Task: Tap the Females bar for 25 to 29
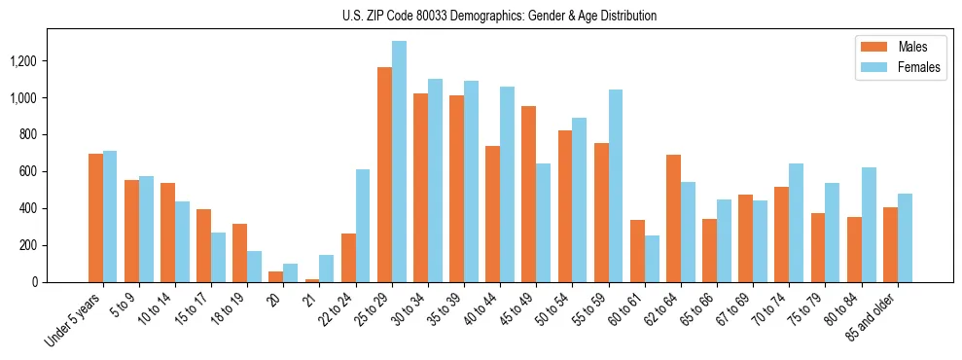(399, 162)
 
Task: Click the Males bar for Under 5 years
(95, 218)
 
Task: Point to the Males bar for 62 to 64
(673, 218)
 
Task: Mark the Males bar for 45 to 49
(528, 194)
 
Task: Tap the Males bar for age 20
(275, 276)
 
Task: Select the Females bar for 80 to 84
(869, 225)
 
